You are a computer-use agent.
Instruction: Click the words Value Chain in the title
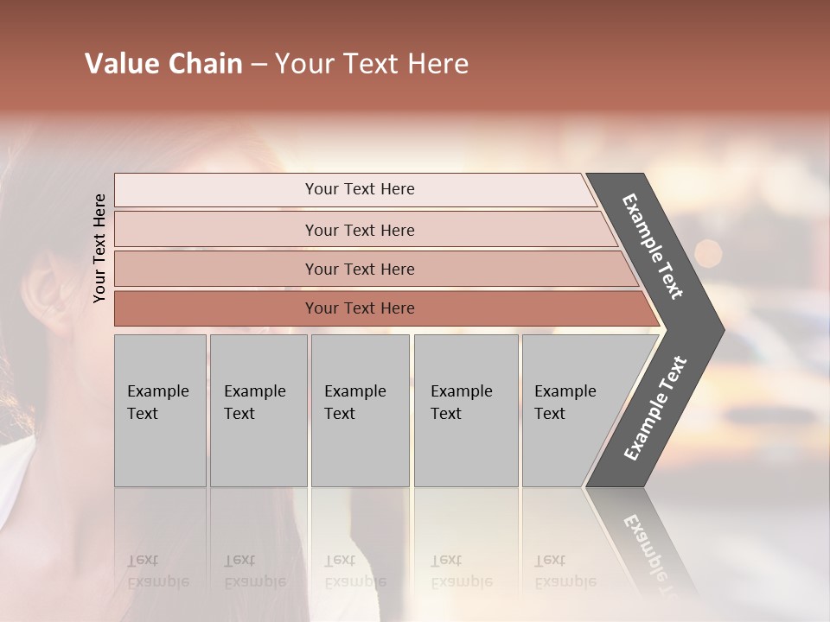[x=163, y=64]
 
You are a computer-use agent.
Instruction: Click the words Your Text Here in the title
[x=372, y=64]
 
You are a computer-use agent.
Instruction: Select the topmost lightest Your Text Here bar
[x=359, y=189]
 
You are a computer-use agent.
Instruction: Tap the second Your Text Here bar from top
[x=359, y=230]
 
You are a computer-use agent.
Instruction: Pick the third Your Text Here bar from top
[x=359, y=269]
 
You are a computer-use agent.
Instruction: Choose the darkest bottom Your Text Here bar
[x=359, y=308]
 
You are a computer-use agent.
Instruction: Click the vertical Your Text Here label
[x=99, y=248]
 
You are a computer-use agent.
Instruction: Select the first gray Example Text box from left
[x=160, y=409]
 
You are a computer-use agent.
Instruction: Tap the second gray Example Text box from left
[x=258, y=409]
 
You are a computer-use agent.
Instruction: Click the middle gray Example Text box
[x=360, y=409]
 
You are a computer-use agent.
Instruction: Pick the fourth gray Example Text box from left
[x=465, y=409]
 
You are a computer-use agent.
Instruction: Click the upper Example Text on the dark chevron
[x=654, y=247]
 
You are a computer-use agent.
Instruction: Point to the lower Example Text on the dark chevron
[x=655, y=409]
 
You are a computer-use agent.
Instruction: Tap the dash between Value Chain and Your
[x=259, y=65]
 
